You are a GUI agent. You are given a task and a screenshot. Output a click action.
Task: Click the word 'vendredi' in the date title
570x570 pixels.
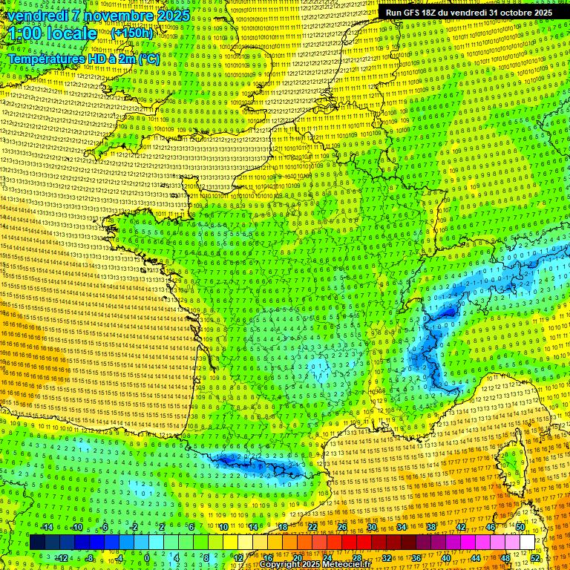[x=38, y=16]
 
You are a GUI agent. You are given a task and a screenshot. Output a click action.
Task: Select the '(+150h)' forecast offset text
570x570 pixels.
[x=132, y=33]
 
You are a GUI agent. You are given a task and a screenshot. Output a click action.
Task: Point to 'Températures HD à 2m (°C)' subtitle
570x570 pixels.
[x=84, y=58]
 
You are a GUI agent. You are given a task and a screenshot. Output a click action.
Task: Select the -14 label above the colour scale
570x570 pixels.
[x=46, y=527]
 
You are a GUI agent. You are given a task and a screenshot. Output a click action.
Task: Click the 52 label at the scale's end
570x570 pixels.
[x=535, y=557]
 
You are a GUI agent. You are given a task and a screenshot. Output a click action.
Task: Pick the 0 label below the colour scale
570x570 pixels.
[x=146, y=557]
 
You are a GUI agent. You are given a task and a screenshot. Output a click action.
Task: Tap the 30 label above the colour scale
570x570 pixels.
[x=370, y=527]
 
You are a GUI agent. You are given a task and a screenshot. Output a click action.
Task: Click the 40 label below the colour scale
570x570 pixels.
[x=445, y=557]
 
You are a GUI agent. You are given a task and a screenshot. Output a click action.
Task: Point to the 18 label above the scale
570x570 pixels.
[x=282, y=527]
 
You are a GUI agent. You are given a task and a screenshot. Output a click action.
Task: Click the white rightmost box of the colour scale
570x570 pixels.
[x=527, y=543]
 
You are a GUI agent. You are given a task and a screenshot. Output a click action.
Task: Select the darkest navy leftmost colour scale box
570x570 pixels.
[x=37, y=543]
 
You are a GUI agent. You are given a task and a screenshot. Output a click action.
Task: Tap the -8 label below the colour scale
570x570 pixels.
[x=89, y=557]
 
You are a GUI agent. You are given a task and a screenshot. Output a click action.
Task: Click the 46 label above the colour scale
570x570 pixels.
[x=490, y=527]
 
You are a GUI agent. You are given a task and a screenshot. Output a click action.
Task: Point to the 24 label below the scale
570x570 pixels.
[x=326, y=557]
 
